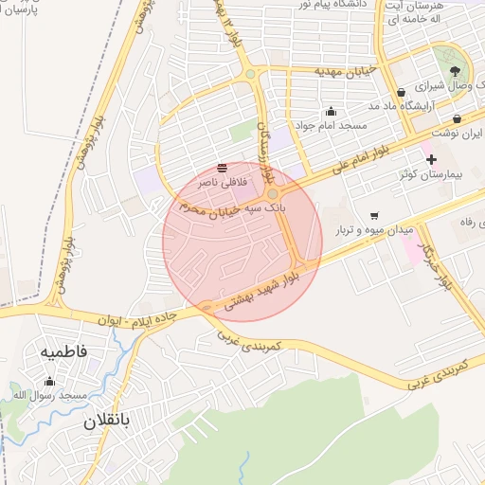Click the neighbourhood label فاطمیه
click(x=63, y=351)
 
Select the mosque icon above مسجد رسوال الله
click(x=49, y=382)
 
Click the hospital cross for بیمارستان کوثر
click(x=431, y=159)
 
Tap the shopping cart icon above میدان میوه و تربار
click(x=374, y=216)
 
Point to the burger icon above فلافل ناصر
click(x=221, y=168)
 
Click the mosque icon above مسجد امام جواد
click(x=330, y=111)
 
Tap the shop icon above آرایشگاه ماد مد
click(x=402, y=92)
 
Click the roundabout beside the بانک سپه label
click(x=272, y=193)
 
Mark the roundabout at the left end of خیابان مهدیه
click(x=249, y=73)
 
